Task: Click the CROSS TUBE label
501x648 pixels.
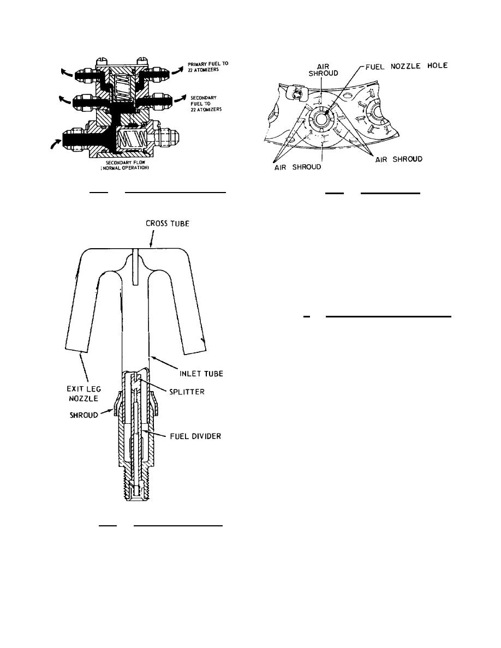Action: [x=168, y=224]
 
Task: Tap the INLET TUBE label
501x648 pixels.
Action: [x=201, y=374]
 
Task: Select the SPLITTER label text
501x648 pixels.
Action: [x=187, y=391]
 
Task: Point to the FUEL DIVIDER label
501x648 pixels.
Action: [x=195, y=436]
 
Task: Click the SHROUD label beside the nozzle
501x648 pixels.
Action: [x=83, y=415]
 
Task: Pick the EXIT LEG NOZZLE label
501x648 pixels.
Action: [x=83, y=393]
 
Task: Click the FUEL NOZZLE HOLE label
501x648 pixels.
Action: [x=407, y=65]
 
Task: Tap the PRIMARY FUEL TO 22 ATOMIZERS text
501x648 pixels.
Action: [x=208, y=67]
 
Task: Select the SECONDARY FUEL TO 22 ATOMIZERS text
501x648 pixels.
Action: [x=206, y=104]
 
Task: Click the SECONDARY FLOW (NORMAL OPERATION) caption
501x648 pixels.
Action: [x=124, y=165]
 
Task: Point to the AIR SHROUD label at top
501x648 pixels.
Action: [x=323, y=70]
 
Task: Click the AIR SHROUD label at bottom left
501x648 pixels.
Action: [x=297, y=167]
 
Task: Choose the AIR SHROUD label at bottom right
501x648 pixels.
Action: [x=399, y=159]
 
